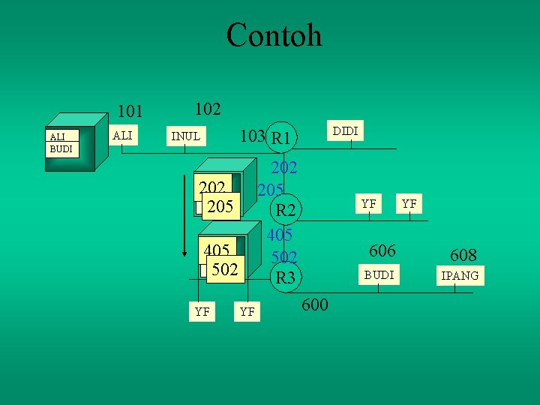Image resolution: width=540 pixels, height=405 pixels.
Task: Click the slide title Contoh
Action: point(274,35)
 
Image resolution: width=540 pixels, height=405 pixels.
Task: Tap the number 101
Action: point(130,112)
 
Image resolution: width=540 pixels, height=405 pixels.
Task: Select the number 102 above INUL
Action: point(207,109)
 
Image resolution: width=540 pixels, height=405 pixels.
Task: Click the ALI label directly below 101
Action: point(122,134)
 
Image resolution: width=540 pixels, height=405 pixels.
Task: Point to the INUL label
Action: point(185,136)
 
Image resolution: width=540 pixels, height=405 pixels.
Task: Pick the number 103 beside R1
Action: point(251,136)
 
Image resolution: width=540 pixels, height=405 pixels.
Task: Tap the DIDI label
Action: point(345,131)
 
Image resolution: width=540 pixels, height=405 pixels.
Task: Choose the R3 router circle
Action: point(285,277)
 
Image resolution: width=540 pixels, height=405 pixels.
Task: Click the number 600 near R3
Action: point(314,304)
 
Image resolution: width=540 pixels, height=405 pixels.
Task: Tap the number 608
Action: point(463,255)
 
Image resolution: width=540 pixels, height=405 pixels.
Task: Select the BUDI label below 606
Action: point(379,274)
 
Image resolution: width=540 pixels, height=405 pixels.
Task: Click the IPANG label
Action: point(460,276)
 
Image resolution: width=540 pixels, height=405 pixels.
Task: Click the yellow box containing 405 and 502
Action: point(220,259)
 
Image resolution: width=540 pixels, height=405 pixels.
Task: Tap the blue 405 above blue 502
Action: point(279,235)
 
